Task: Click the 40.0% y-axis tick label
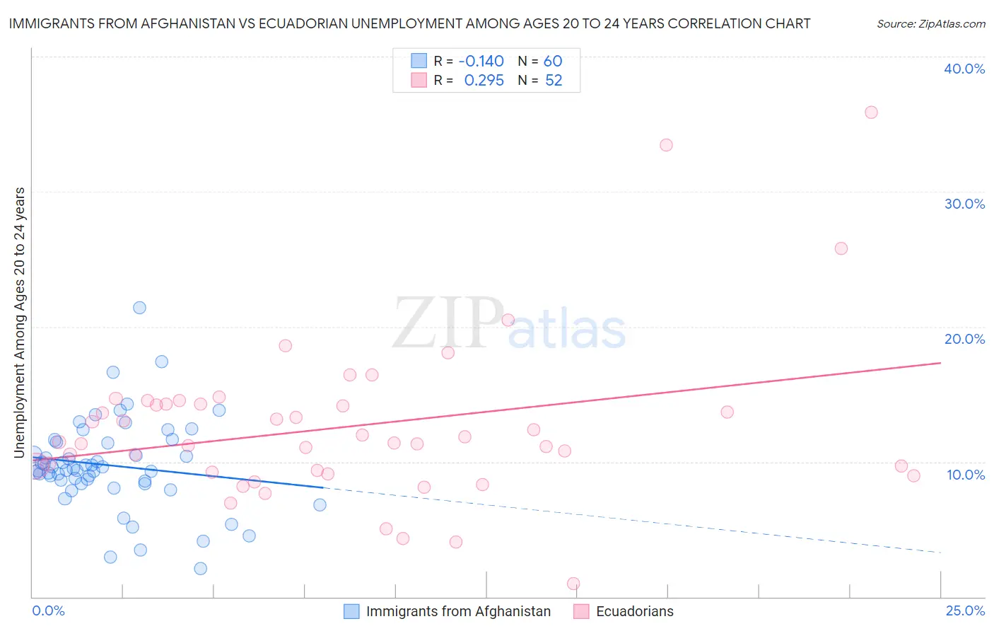[x=964, y=69]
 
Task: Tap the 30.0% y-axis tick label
[x=964, y=204]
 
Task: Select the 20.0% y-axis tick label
[x=964, y=339]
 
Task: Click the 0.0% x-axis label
[x=48, y=610]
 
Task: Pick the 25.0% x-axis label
[x=965, y=610]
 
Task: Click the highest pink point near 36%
[x=871, y=112]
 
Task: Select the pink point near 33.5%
[x=666, y=145]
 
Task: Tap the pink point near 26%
[x=841, y=248]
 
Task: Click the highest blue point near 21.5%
[x=139, y=308]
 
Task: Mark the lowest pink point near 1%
[x=573, y=584]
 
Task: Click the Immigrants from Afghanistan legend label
[x=458, y=612]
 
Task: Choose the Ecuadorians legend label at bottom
[x=634, y=612]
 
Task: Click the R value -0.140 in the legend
[x=481, y=62]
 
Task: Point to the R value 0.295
[x=484, y=81]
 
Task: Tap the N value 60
[x=552, y=62]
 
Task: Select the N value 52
[x=554, y=81]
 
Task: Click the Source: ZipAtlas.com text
[x=930, y=24]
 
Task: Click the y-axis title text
[x=20, y=322]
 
